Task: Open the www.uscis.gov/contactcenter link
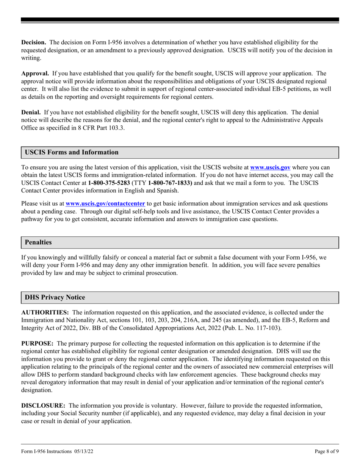(105, 203)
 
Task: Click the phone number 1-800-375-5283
(107, 183)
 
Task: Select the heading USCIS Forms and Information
(72, 152)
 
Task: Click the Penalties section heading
(38, 242)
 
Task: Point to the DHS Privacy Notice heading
(55, 297)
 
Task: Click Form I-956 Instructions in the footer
(46, 451)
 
